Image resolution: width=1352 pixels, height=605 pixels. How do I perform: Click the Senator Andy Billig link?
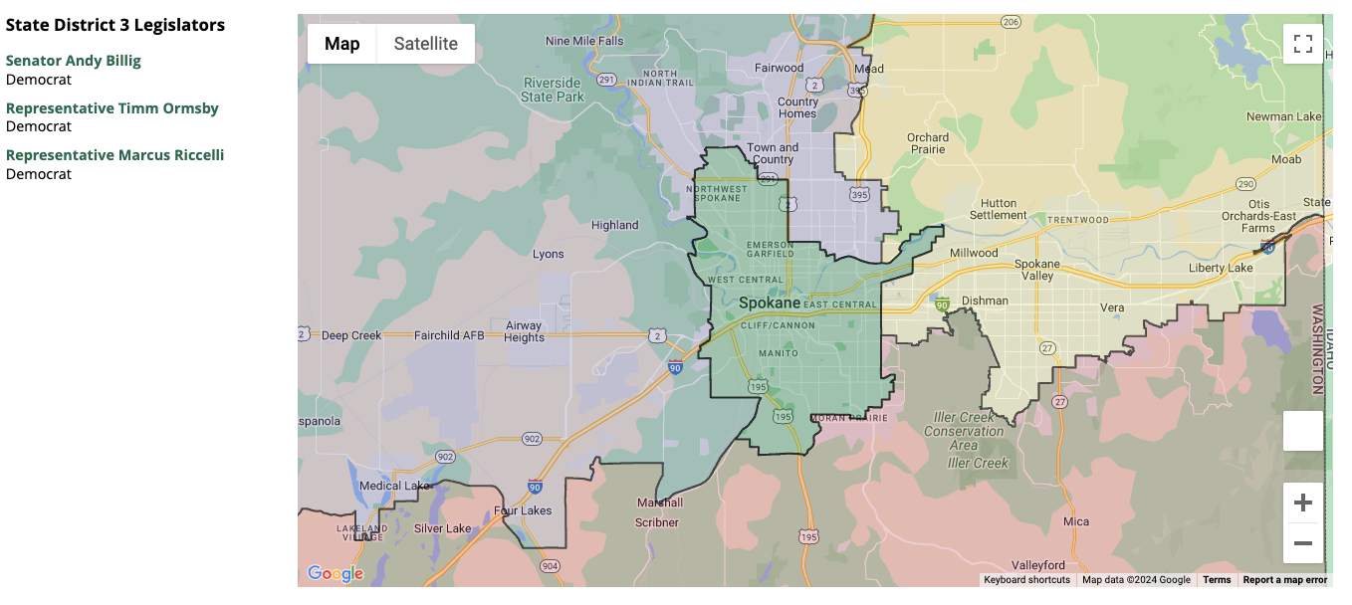(x=74, y=61)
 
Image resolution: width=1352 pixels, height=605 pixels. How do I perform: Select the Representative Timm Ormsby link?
(x=113, y=108)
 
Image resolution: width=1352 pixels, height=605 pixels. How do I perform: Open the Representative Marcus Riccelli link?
(x=114, y=155)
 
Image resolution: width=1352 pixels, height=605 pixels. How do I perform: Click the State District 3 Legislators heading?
(x=115, y=25)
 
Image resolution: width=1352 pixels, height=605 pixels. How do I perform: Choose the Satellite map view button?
(x=426, y=44)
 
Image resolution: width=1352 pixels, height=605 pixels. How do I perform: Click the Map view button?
(x=342, y=44)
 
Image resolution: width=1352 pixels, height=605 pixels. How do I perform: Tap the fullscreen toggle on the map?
(x=1302, y=44)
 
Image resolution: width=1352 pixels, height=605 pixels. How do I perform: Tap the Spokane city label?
(x=769, y=302)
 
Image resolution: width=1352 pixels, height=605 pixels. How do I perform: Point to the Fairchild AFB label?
(x=449, y=335)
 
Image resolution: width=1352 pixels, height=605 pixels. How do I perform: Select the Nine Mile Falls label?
(x=584, y=42)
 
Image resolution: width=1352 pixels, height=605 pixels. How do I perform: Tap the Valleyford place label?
(x=1038, y=565)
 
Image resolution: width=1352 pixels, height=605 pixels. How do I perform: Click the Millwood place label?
(x=974, y=253)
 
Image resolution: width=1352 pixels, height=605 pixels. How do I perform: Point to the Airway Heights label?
(x=525, y=331)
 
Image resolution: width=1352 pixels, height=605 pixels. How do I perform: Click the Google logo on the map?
(x=336, y=573)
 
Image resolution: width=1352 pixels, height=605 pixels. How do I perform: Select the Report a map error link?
(x=1284, y=580)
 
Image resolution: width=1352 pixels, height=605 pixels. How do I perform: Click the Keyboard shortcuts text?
(x=1026, y=580)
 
